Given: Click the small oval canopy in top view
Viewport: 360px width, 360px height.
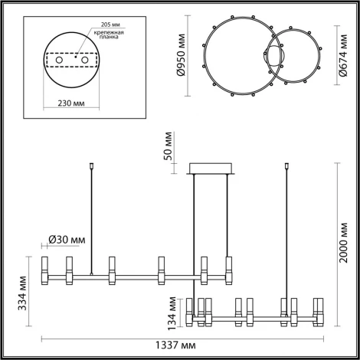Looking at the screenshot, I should point(273,58).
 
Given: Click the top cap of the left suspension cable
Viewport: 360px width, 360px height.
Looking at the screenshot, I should point(92,164).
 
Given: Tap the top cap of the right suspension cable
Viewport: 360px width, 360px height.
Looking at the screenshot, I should point(288,164).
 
